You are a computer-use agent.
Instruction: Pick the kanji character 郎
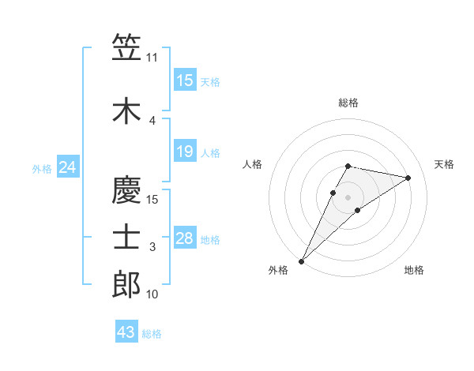126,284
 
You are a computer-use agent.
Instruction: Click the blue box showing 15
185,81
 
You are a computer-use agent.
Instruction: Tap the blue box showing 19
185,152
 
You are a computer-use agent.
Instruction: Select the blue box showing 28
185,238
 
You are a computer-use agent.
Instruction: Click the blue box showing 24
68,167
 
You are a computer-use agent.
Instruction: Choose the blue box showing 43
126,332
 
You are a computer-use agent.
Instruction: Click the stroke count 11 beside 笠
152,57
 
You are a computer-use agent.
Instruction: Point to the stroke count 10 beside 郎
152,294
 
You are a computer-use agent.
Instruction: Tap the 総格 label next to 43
152,334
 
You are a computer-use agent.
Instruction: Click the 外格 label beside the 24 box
42,168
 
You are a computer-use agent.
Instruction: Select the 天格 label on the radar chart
444,164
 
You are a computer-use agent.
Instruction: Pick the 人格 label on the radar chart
253,164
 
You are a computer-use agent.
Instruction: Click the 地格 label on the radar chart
414,270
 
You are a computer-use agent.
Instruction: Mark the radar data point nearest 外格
301,260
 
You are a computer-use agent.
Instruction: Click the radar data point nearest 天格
408,178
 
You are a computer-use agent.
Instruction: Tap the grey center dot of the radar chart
348,197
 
